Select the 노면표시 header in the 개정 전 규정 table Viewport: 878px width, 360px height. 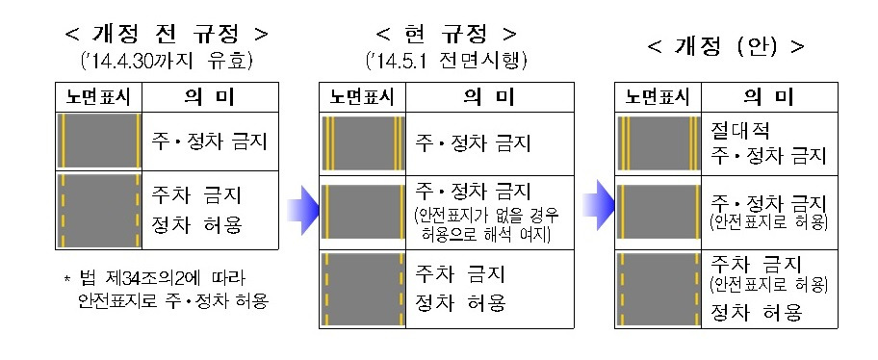(x=99, y=96)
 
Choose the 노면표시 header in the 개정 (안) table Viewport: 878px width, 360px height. (x=658, y=96)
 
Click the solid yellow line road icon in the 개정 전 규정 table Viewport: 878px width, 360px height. (x=100, y=141)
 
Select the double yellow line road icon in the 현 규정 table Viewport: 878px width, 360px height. (x=363, y=144)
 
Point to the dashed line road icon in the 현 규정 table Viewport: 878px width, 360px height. (x=363, y=286)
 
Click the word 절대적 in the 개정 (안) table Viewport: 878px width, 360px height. (x=738, y=128)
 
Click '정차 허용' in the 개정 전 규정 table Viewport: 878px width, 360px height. (x=197, y=227)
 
